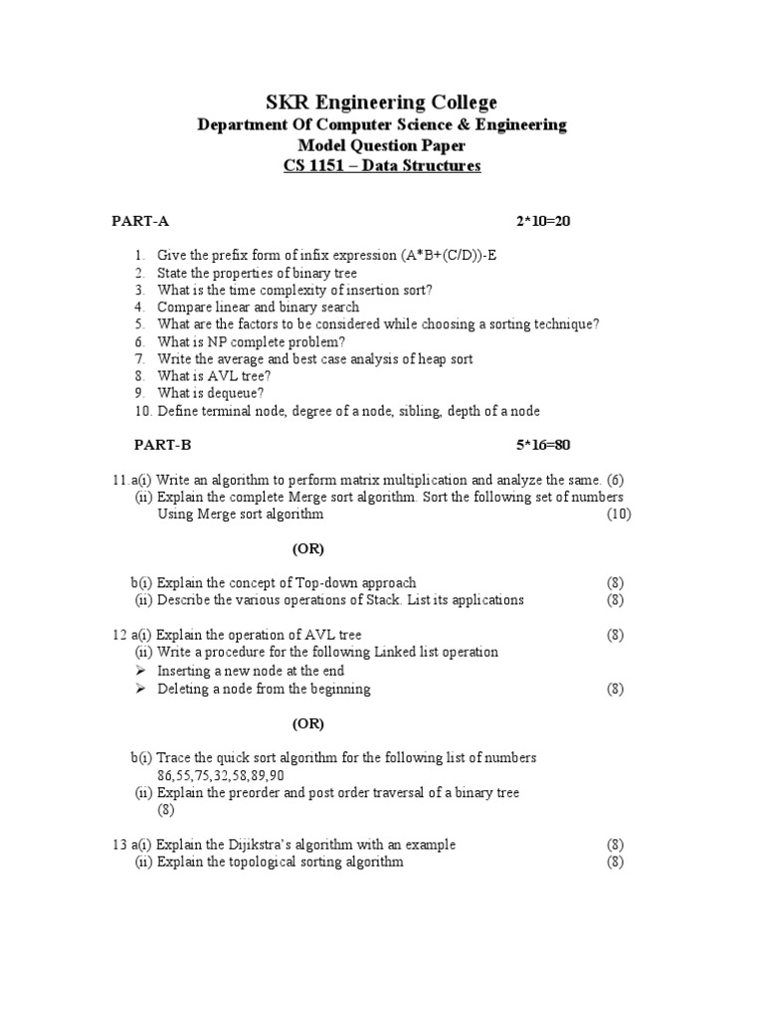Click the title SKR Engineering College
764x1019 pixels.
point(382,102)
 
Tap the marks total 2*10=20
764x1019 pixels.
point(543,221)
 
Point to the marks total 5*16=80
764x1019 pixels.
point(543,444)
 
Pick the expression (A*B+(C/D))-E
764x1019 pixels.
point(449,255)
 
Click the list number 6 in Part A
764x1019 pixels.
point(140,340)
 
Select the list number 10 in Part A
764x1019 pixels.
point(143,411)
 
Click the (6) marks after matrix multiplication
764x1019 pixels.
point(616,480)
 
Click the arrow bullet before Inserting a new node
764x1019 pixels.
point(140,671)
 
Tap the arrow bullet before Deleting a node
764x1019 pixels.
point(140,689)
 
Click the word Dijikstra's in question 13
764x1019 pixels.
point(272,844)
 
